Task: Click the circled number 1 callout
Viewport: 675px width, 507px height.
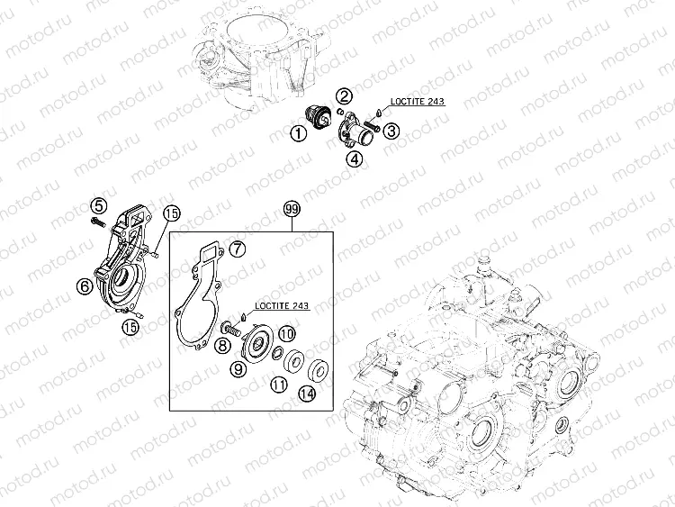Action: [298, 133]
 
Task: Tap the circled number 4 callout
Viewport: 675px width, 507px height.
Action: [355, 159]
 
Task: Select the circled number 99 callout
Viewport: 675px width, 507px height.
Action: [292, 209]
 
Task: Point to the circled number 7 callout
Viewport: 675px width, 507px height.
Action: [237, 249]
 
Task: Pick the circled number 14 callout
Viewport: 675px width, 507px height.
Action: [308, 394]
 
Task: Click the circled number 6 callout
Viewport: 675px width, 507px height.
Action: [85, 285]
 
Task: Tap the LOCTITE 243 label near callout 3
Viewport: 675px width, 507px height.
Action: [417, 102]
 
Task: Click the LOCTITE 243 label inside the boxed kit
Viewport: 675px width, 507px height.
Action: [282, 305]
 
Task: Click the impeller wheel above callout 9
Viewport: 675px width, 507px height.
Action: [258, 342]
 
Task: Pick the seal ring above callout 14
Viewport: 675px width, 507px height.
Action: [319, 368]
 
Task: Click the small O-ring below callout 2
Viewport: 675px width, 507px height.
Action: [339, 113]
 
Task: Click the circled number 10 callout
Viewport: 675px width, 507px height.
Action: [286, 333]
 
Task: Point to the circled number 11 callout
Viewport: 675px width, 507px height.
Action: [279, 385]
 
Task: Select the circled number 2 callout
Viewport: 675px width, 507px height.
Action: [345, 96]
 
